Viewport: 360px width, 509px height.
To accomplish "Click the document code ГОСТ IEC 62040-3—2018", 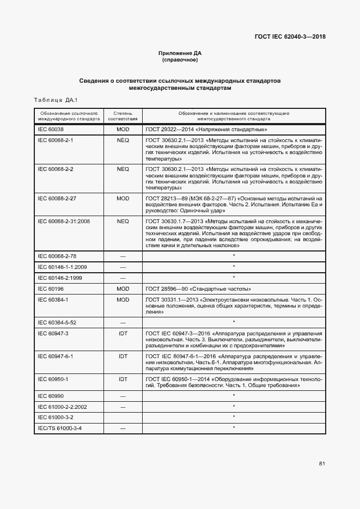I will coord(290,37).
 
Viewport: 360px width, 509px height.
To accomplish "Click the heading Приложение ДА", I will coord(180,53).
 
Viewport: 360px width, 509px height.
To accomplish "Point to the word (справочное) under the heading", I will coord(180,60).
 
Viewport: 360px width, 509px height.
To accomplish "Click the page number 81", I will coord(322,464).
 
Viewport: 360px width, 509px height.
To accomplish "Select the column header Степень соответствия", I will coord(123,115).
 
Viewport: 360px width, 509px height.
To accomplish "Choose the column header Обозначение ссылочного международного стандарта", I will coord(69,115).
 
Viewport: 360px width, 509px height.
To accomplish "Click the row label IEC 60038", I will coord(51,130).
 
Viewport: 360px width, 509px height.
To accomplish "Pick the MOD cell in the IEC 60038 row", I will coord(123,130).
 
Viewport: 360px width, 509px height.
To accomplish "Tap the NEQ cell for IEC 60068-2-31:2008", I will coord(123,221).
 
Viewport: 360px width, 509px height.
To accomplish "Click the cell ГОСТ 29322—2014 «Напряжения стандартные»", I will coord(206,130).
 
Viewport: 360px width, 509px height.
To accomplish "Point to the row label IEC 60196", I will coord(51,288).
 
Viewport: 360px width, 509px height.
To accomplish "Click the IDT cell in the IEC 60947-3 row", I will coord(123,333).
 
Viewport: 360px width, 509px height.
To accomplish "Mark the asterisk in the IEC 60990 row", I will coord(234,395).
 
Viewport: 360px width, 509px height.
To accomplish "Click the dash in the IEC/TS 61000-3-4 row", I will coord(123,428).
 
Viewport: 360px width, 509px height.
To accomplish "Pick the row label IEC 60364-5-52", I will coord(57,322).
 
